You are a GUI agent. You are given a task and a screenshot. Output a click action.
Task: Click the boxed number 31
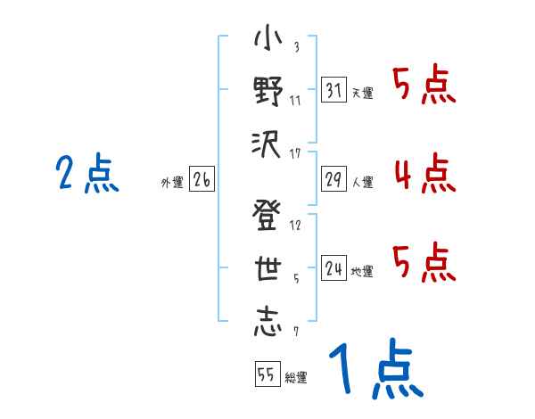point(333,89)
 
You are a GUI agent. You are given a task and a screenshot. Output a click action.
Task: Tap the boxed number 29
point(333,178)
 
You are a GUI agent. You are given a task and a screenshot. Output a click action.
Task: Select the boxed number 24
point(333,267)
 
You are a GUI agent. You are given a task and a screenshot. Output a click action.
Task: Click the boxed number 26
point(202,180)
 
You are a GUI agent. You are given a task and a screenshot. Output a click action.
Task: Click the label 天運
point(362,93)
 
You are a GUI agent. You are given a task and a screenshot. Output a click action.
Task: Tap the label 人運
point(362,182)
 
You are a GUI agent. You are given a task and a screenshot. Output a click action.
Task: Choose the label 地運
point(362,271)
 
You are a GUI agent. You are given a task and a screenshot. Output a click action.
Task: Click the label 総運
point(295,378)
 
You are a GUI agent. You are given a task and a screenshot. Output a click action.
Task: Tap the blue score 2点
point(87,174)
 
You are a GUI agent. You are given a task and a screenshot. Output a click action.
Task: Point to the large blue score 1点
point(374,370)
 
